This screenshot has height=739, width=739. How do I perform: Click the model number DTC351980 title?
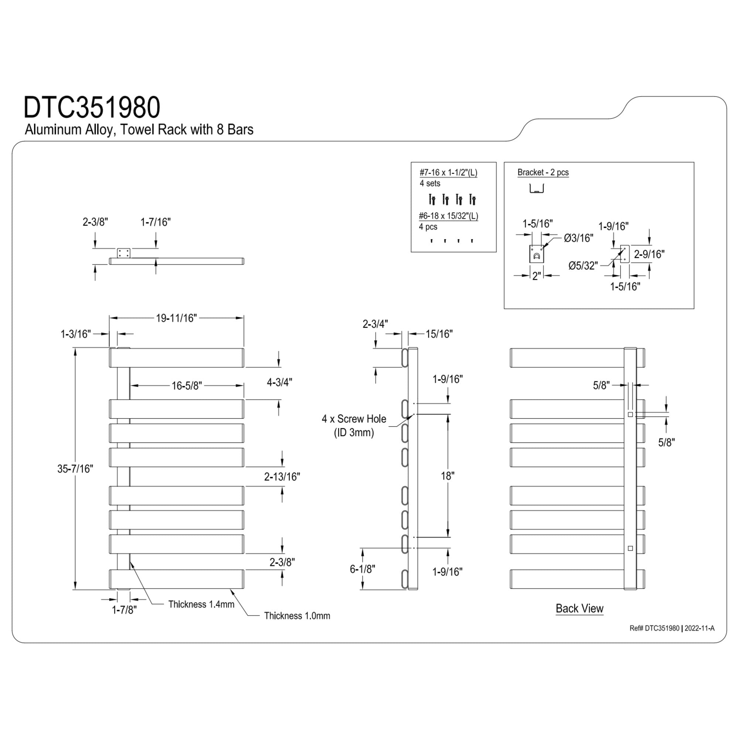[x=92, y=107]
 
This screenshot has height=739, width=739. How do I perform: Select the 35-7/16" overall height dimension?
[x=75, y=469]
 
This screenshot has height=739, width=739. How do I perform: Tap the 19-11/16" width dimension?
[x=176, y=318]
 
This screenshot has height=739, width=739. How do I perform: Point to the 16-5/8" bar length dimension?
[x=187, y=385]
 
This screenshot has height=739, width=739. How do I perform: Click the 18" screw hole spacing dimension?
[x=447, y=476]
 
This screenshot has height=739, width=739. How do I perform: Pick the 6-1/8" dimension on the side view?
[x=362, y=569]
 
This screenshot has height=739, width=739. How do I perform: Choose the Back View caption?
[x=579, y=608]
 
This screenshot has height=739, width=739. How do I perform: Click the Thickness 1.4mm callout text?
[x=201, y=605]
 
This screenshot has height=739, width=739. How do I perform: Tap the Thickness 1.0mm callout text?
[x=297, y=616]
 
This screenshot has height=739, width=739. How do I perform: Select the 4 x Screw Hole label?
[x=354, y=419]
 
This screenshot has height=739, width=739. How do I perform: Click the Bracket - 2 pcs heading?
[x=543, y=173]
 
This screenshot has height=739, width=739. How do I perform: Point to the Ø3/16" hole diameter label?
[x=578, y=238]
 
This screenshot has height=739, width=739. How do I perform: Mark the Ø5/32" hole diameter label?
[x=583, y=265]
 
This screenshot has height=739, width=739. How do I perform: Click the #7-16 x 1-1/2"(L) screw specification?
[x=448, y=173]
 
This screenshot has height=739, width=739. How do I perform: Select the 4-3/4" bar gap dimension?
[x=279, y=382]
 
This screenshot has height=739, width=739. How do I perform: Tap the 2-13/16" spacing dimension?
[x=282, y=477]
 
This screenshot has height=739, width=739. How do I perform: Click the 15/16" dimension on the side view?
[x=439, y=334]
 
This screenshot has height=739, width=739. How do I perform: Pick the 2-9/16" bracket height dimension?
[x=649, y=254]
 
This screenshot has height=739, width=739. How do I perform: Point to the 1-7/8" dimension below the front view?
[x=124, y=610]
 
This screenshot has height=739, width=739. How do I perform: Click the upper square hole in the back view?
[x=630, y=415]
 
